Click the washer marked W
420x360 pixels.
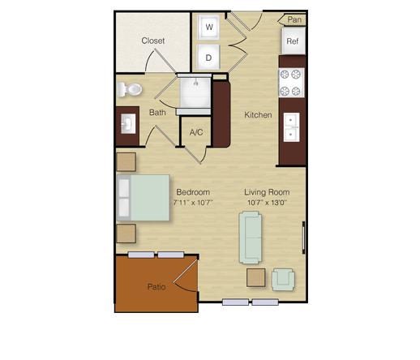(208, 28)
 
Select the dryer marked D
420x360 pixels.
(208, 57)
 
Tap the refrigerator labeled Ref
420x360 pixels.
(294, 41)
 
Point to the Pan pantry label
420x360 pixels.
(294, 19)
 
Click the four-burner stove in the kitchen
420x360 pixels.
(291, 83)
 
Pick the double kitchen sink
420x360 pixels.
(291, 127)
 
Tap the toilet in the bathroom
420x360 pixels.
(130, 89)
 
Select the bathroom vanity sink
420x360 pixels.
(128, 124)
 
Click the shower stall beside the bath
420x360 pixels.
(195, 92)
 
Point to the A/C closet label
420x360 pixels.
(196, 132)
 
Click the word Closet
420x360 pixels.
(153, 41)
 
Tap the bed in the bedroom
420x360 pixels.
(144, 198)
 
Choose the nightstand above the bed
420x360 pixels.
(126, 162)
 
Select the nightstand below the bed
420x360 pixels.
(126, 234)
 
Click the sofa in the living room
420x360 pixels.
(251, 238)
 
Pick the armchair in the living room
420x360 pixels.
(283, 280)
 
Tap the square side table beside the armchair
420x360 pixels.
(255, 277)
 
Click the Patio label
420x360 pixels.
(156, 287)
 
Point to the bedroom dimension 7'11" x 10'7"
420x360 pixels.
(193, 203)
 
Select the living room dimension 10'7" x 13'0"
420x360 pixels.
(267, 203)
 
